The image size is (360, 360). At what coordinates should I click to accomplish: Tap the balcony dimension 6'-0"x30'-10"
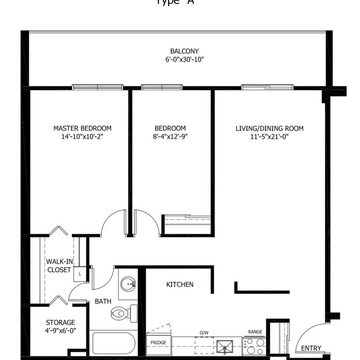point(184,60)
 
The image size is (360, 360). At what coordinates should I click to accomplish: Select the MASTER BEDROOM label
point(82,128)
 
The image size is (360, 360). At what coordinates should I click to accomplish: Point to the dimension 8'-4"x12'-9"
point(170,136)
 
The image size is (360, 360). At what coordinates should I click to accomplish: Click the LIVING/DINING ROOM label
point(270,128)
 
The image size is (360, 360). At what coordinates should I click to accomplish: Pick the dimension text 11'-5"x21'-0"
point(270,136)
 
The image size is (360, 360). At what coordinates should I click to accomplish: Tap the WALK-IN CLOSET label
point(59,265)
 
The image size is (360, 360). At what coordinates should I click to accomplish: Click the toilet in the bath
point(123,312)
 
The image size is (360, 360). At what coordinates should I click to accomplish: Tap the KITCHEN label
point(180,285)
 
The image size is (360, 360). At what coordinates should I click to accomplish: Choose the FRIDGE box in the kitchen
point(158,343)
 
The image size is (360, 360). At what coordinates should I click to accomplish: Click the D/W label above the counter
point(204,332)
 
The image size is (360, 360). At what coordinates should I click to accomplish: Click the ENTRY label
point(311,348)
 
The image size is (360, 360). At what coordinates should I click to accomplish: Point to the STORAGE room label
point(60,322)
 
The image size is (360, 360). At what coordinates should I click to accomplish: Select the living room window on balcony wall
point(267,87)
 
